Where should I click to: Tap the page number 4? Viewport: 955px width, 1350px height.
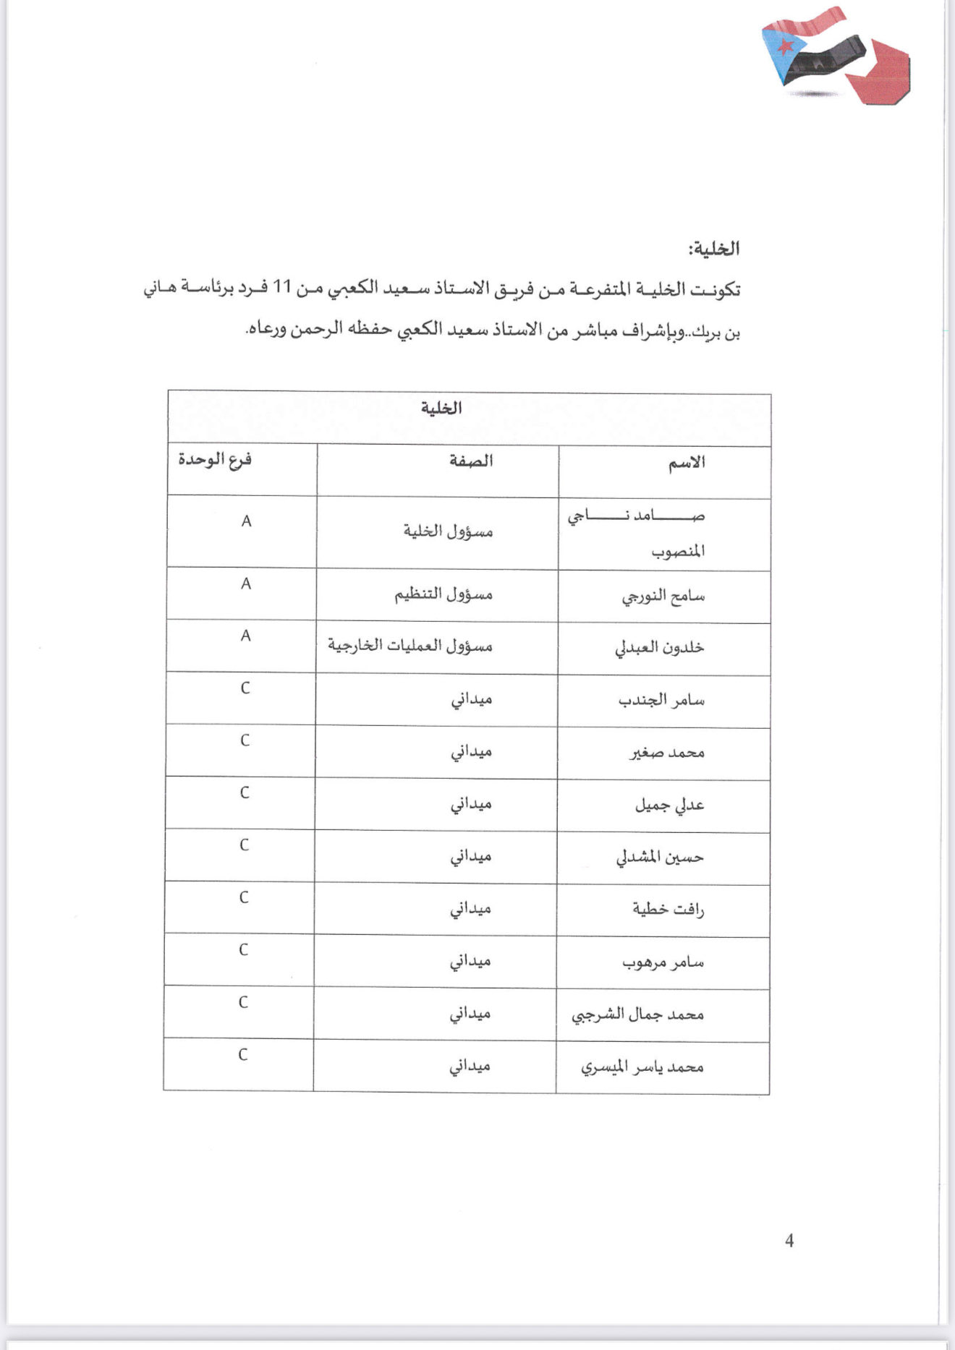pyautogui.click(x=789, y=1241)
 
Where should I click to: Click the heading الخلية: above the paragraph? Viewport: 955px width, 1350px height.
pyautogui.click(x=713, y=249)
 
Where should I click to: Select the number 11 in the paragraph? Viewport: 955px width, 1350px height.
pyautogui.click(x=281, y=288)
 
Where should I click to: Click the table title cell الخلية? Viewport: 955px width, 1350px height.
pyautogui.click(x=441, y=409)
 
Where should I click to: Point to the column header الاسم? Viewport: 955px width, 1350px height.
pyautogui.click(x=686, y=463)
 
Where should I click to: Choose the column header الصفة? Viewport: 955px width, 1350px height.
pyautogui.click(x=471, y=461)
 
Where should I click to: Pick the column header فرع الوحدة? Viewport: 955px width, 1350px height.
pyautogui.click(x=215, y=460)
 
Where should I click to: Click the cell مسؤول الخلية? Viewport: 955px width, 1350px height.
pyautogui.click(x=448, y=531)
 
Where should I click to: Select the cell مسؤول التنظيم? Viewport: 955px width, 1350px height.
pyautogui.click(x=443, y=594)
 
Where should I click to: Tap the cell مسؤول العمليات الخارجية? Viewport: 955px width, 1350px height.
pyautogui.click(x=410, y=646)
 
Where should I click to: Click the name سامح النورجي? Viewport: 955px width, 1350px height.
pyautogui.click(x=663, y=597)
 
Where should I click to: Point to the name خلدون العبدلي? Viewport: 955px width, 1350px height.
pyautogui.click(x=659, y=648)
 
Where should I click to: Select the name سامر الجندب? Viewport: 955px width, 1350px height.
pyautogui.click(x=661, y=701)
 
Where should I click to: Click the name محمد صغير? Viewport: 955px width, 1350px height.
pyautogui.click(x=666, y=753)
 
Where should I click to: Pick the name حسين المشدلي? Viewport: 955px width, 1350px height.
pyautogui.click(x=660, y=858)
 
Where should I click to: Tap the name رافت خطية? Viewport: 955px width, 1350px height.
pyautogui.click(x=668, y=910)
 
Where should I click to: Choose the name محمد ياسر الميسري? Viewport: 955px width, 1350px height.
pyautogui.click(x=642, y=1067)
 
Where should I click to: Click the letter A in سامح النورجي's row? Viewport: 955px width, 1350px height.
pyautogui.click(x=246, y=584)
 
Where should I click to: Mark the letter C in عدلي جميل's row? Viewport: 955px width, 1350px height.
pyautogui.click(x=245, y=793)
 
